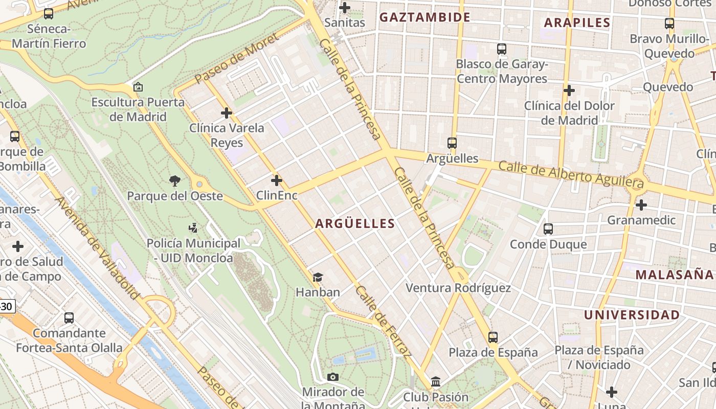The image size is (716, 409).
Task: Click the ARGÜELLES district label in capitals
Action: point(355,223)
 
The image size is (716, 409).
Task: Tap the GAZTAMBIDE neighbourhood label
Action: point(424,17)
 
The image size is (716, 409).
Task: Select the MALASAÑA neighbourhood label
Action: point(674,275)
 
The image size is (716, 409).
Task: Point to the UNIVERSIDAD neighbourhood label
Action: point(632,315)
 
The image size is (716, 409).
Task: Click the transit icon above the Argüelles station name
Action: point(452,143)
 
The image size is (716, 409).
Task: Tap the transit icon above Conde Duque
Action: point(548,229)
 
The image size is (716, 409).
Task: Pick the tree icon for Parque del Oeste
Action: point(175,180)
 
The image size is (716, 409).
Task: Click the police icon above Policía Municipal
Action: point(193,228)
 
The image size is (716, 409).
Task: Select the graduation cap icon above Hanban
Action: point(318,277)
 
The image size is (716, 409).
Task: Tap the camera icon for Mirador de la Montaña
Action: point(333,377)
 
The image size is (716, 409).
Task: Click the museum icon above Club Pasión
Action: point(436,381)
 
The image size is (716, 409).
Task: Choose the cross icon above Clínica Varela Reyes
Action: point(227,112)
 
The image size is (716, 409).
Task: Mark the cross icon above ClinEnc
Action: point(277,180)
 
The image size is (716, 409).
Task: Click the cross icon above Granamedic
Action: point(641,205)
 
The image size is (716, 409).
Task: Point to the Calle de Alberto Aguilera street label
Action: point(571,174)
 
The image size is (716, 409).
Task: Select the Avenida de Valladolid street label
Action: point(97,248)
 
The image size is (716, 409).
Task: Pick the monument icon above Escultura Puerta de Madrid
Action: point(138,87)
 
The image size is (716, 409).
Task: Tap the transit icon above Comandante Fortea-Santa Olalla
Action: point(69,317)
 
